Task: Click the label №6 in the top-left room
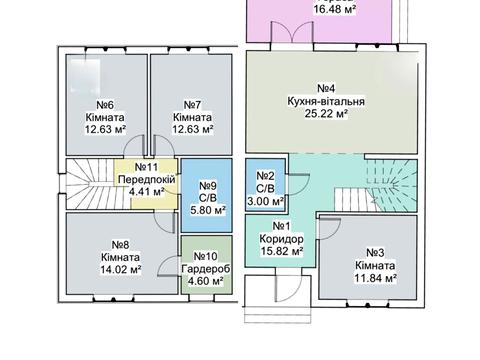click(x=105, y=105)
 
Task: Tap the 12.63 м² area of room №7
click(x=193, y=129)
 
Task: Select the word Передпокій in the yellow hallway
click(x=147, y=179)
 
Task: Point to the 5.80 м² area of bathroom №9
click(x=208, y=210)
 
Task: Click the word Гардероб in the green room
click(x=206, y=269)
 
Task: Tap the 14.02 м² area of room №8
click(x=121, y=269)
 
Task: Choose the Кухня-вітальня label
click(x=326, y=101)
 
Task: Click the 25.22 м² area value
click(x=326, y=114)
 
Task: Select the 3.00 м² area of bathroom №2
click(x=266, y=202)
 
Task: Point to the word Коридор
click(x=281, y=239)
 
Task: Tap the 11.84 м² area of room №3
click(x=375, y=278)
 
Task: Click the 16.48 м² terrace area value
click(x=334, y=9)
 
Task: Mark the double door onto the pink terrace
click(x=292, y=33)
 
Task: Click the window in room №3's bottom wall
click(x=367, y=304)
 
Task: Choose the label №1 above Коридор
click(x=281, y=226)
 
